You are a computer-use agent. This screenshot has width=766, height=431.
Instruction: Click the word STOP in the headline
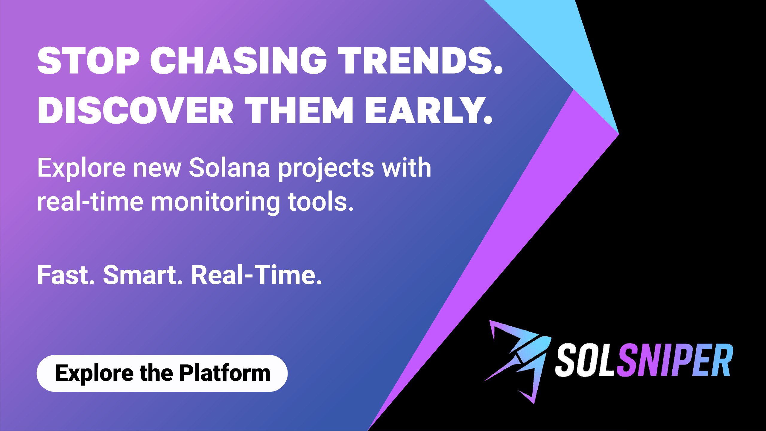pos(89,60)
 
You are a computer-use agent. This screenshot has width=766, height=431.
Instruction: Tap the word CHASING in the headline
pos(239,60)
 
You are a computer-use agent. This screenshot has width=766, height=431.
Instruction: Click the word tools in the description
pos(321,201)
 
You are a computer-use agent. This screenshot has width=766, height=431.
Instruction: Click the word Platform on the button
pos(225,373)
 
